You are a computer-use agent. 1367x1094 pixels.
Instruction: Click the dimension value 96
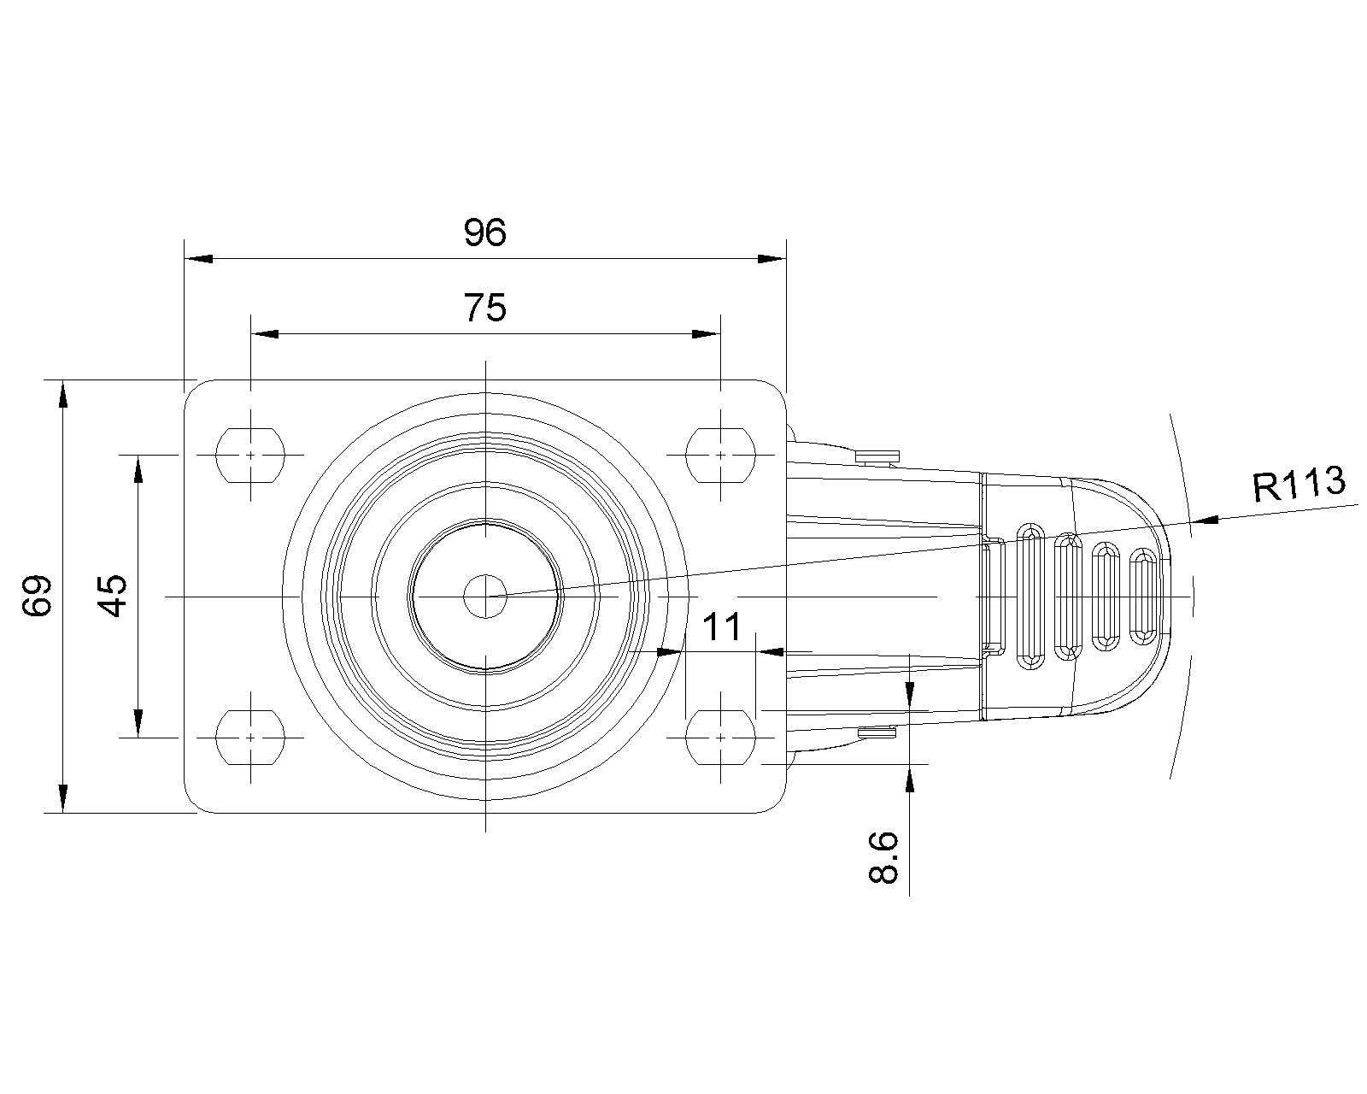[484, 232]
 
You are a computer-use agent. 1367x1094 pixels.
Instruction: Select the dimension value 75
[484, 308]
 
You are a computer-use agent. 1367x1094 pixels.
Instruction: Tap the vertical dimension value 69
[38, 596]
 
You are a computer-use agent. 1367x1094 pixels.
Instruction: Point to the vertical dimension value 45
[113, 596]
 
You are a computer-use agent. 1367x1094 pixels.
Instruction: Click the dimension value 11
[723, 627]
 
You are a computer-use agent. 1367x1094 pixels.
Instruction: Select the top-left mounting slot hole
[250, 456]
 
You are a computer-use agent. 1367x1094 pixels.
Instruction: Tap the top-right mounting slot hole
[721, 456]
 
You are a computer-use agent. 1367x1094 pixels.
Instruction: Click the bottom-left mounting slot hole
[250, 736]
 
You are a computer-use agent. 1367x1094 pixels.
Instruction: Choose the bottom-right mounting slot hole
[721, 736]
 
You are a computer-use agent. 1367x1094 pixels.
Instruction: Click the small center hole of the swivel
[484, 595]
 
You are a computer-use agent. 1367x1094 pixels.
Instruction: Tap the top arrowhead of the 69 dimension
[62, 395]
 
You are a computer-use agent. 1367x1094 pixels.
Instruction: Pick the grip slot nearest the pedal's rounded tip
[1142, 596]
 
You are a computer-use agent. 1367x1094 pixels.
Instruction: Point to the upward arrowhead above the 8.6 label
[911, 777]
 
